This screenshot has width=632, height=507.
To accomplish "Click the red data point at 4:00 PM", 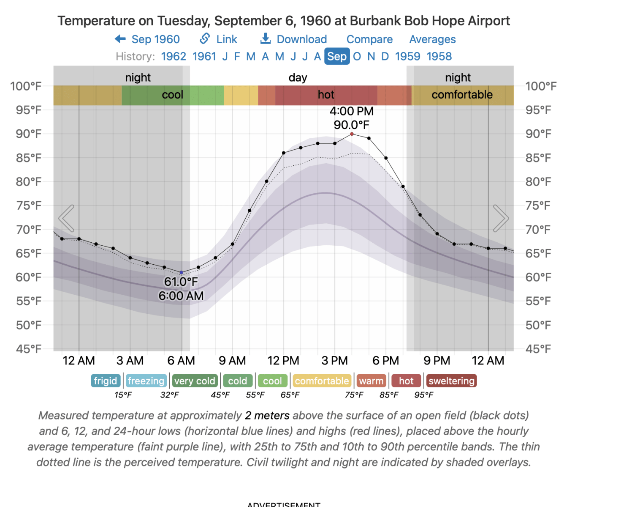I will point(352,134).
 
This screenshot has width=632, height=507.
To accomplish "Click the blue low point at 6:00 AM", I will point(182,272).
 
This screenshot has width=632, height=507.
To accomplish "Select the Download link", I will point(294,39).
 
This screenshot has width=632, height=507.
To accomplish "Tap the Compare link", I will point(369,39).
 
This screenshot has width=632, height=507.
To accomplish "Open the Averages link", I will point(432,39).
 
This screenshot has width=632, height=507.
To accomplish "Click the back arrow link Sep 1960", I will point(147,39).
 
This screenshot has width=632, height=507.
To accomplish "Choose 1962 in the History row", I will point(174,56).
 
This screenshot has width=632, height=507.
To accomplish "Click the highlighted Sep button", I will point(337,56).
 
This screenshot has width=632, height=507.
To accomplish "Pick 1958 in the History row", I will point(439,56).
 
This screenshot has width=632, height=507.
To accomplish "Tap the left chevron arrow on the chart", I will point(67,218).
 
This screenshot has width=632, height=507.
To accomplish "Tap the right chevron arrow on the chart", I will point(501,218).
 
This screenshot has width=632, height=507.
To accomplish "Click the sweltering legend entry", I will point(451,381).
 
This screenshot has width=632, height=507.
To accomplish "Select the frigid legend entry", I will point(106,381).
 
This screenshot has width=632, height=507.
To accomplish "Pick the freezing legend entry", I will point(146,381).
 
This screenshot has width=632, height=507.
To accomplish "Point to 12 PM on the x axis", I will point(283,361).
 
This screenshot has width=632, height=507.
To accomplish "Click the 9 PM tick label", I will point(437,361).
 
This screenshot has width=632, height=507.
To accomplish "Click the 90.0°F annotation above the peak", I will point(351,125).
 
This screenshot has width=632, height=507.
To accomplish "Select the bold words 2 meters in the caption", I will point(267,416).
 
